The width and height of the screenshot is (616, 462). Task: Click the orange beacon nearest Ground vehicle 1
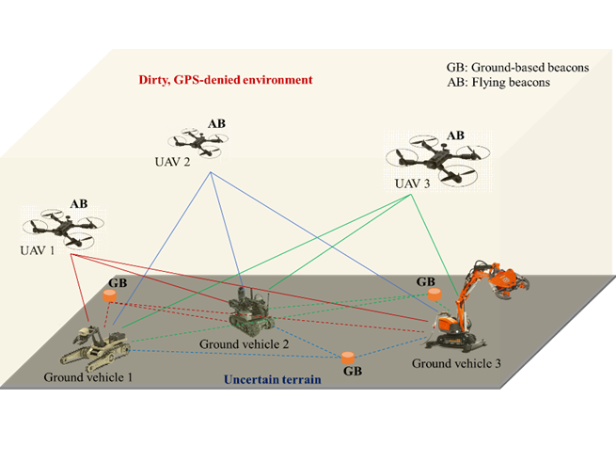pyautogui.click(x=112, y=296)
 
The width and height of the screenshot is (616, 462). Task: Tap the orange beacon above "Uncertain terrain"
pyautogui.click(x=349, y=358)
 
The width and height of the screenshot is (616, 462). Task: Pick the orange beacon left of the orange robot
pyautogui.click(x=434, y=295)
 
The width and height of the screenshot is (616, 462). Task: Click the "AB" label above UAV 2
pyautogui.click(x=216, y=123)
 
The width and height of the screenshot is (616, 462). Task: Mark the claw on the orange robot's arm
pyautogui.click(x=513, y=279)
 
